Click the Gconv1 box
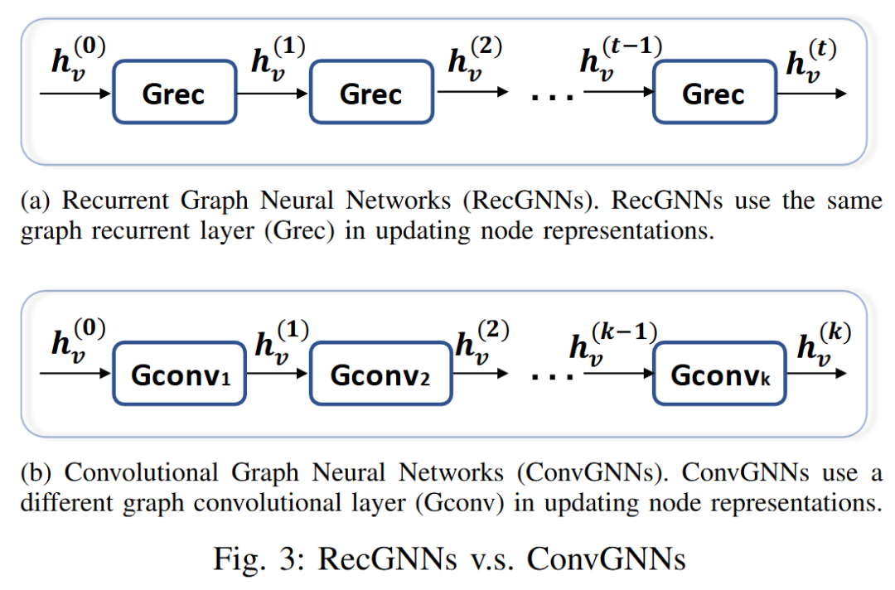click(179, 375)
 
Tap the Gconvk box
click(719, 375)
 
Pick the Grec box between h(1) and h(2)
click(370, 94)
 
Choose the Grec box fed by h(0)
click(173, 94)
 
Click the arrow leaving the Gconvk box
click(816, 375)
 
